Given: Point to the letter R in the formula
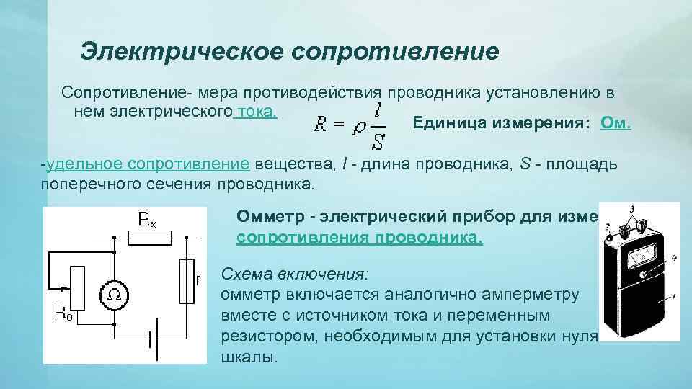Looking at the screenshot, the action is [321, 127].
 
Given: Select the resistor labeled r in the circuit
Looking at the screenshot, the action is [187, 281].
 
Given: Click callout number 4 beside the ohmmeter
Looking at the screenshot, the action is [673, 257].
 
